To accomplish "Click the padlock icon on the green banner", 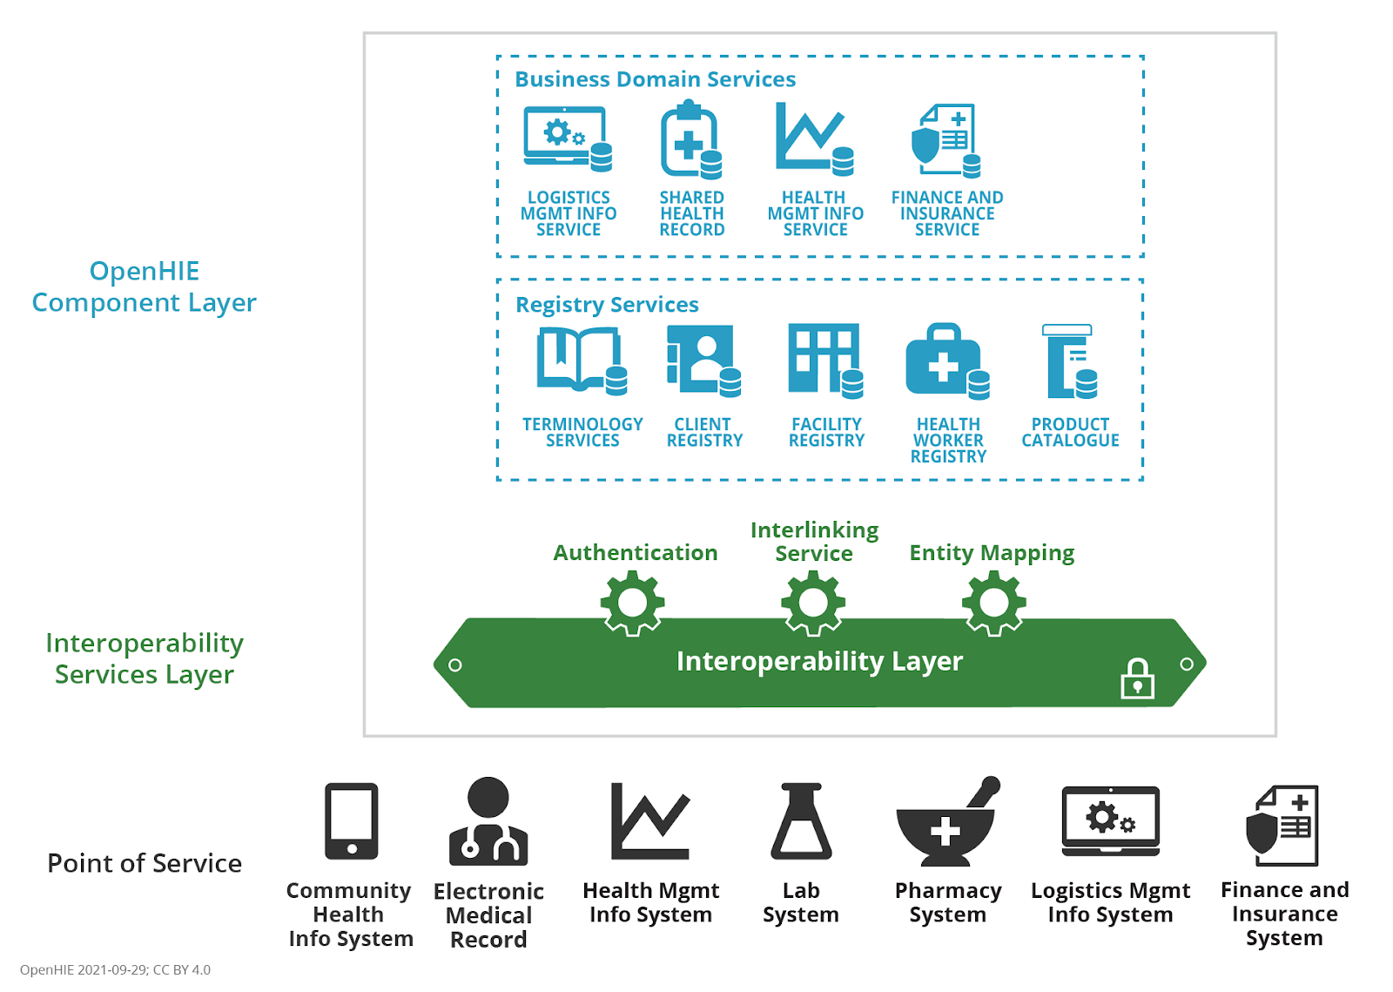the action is pyautogui.click(x=1137, y=679).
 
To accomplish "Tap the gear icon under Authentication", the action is pyautogui.click(x=632, y=604).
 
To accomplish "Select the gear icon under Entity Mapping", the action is pyautogui.click(x=993, y=604).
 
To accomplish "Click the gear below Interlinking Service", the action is pyautogui.click(x=813, y=604).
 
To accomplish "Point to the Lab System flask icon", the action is pyautogui.click(x=801, y=821).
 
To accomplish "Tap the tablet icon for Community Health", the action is pyautogui.click(x=352, y=821).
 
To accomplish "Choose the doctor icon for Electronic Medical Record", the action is pyautogui.click(x=488, y=821).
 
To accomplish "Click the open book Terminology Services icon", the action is pyautogui.click(x=582, y=361).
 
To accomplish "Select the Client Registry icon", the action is pyautogui.click(x=703, y=360).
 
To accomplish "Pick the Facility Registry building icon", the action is pyautogui.click(x=826, y=360).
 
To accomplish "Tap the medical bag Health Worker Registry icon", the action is pyautogui.click(x=947, y=361).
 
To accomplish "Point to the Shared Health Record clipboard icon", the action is pyautogui.click(x=691, y=140).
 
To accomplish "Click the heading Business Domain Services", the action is pyautogui.click(x=656, y=79).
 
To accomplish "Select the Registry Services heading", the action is pyautogui.click(x=607, y=304).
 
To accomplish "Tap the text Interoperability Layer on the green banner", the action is pyautogui.click(x=819, y=661).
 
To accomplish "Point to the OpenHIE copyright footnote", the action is pyautogui.click(x=115, y=969).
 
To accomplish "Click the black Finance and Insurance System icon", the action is pyautogui.click(x=1282, y=826).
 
